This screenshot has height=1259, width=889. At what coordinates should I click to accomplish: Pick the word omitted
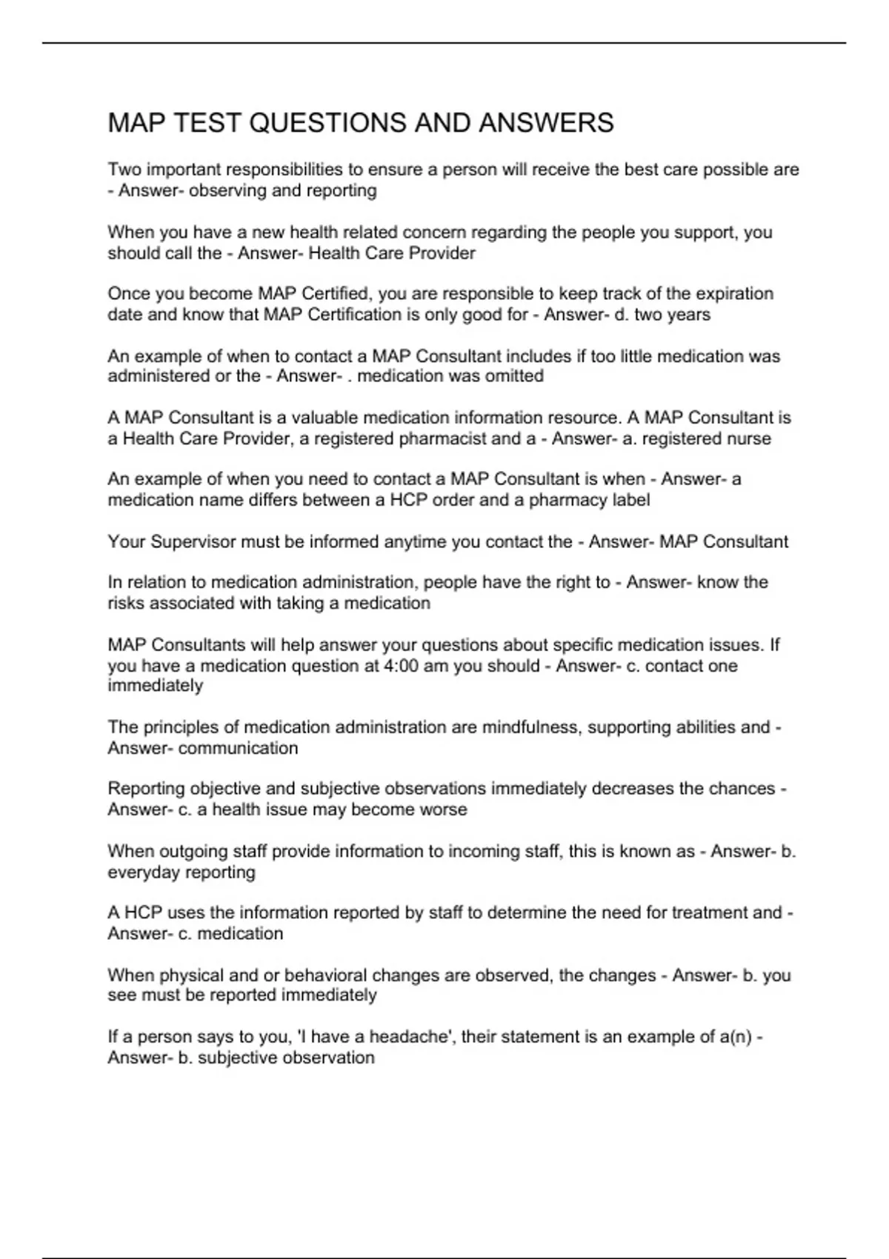click(513, 376)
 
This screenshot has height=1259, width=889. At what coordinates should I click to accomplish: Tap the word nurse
click(749, 438)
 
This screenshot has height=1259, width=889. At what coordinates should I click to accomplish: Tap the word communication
click(239, 748)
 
